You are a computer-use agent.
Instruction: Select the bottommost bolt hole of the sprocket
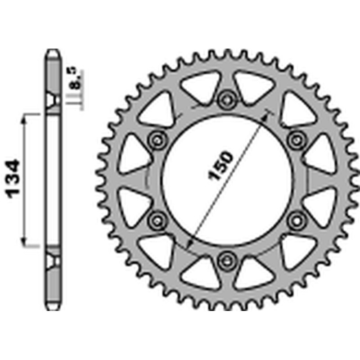(x=226, y=259)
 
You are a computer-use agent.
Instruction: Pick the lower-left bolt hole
(x=157, y=219)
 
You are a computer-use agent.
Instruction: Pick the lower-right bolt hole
(x=296, y=219)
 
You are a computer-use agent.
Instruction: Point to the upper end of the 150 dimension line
(x=269, y=112)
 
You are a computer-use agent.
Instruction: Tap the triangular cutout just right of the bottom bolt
(x=252, y=271)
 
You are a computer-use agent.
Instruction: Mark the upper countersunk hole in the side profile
(x=53, y=99)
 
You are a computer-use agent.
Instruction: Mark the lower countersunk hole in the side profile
(x=53, y=260)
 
